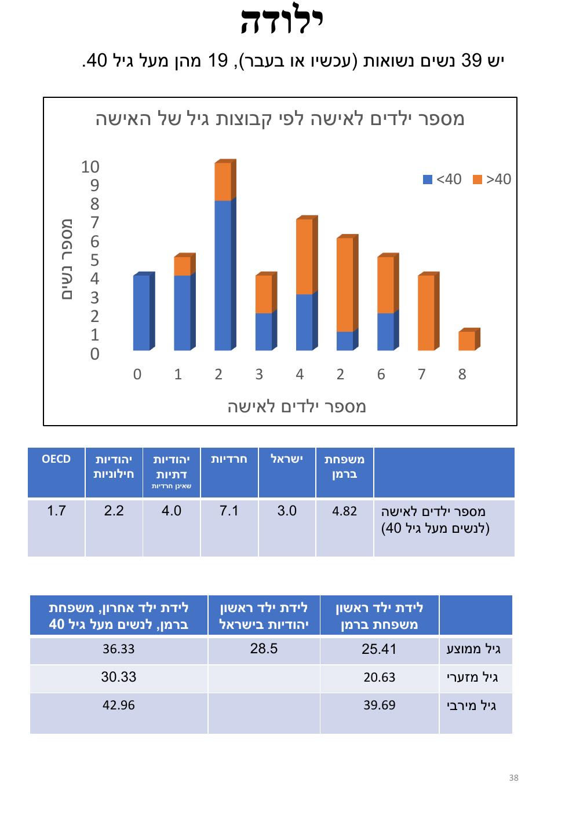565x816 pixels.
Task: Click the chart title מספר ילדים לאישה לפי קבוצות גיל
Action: point(280,119)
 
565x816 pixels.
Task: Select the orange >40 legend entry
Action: point(493,179)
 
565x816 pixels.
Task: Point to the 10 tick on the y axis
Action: point(90,167)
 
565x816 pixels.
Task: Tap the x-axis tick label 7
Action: point(421,375)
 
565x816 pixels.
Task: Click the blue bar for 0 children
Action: point(141,313)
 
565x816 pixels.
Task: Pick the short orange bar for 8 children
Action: point(466,341)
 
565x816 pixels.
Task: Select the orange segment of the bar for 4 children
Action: point(304,257)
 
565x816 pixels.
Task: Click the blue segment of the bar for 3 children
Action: point(264,331)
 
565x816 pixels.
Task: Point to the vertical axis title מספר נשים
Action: point(67,259)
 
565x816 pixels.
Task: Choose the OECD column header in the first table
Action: point(56,459)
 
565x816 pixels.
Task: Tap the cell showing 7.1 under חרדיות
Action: point(229,511)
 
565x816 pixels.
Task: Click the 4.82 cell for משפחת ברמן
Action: point(344,511)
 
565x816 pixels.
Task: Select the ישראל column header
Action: point(287,459)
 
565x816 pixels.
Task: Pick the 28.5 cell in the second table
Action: point(264,649)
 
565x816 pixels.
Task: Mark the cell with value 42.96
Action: point(119,705)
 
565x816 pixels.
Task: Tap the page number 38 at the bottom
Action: point(513,777)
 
